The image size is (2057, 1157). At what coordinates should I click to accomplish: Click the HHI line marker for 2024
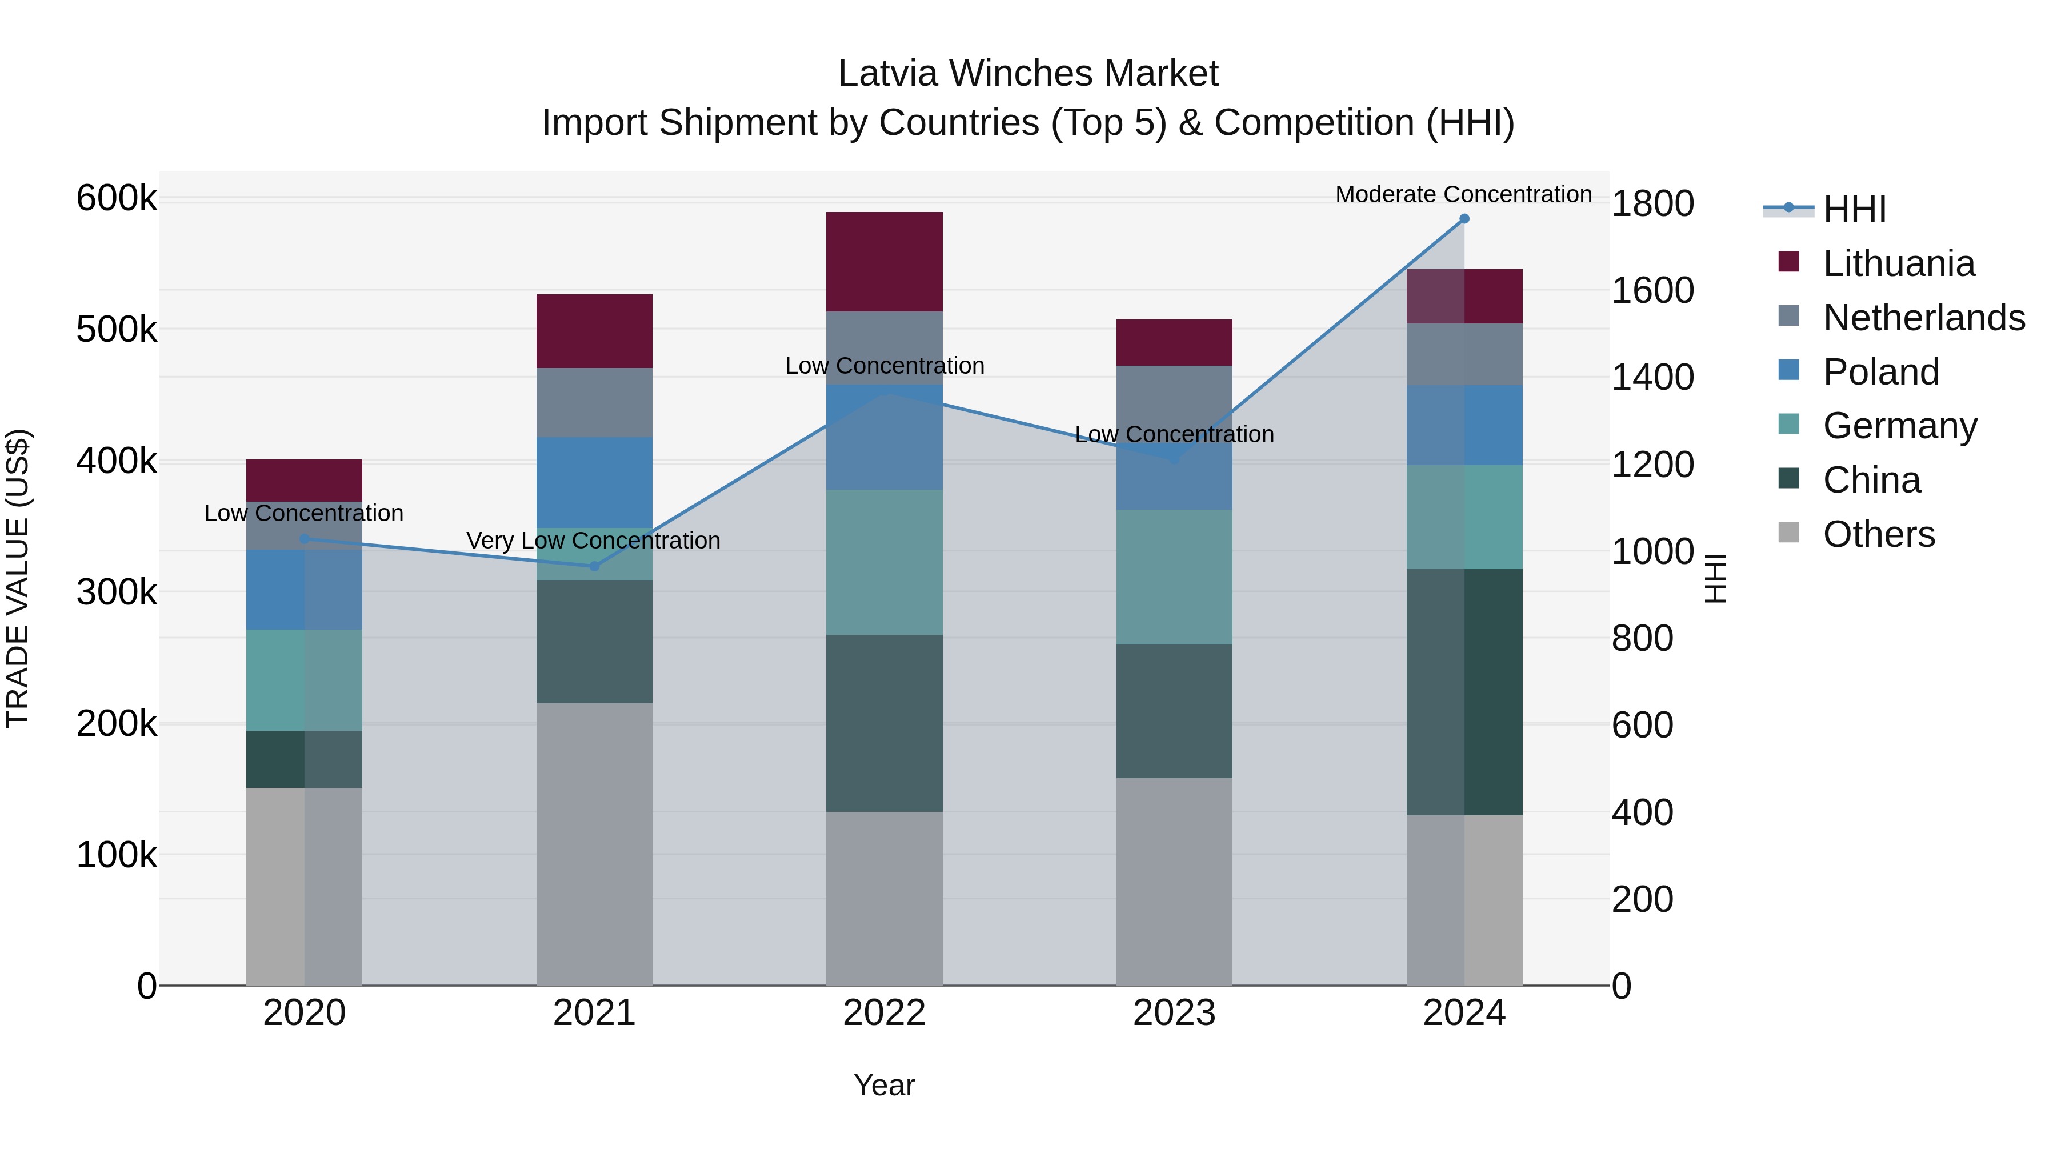tap(1464, 219)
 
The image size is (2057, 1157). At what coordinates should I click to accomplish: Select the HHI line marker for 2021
tap(594, 566)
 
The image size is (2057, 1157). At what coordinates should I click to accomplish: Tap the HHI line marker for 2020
tap(304, 539)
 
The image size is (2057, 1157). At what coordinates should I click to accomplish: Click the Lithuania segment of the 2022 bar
tap(884, 262)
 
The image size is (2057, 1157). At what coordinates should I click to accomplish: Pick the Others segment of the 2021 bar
tap(594, 844)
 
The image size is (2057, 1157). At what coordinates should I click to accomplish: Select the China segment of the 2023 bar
tap(1174, 711)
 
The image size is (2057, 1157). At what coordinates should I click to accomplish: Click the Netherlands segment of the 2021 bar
tap(594, 402)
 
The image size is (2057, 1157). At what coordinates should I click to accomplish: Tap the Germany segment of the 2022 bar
tap(884, 562)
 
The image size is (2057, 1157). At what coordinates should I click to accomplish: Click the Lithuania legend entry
tap(1898, 263)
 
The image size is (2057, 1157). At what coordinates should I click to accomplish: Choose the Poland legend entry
tap(1880, 372)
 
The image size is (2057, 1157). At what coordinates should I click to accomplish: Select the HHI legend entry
tap(1854, 209)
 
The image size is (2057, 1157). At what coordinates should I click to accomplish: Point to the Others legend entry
tap(1878, 534)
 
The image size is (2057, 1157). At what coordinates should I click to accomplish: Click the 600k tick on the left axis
tap(117, 198)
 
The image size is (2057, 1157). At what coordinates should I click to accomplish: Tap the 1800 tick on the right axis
tap(1652, 203)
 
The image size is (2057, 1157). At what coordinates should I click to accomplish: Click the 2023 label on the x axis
tap(1174, 1013)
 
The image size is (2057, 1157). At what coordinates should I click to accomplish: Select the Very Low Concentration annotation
tap(593, 541)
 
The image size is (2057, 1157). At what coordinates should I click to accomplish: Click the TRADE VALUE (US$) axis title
tap(18, 578)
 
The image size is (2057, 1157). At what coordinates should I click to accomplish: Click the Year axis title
tap(884, 1085)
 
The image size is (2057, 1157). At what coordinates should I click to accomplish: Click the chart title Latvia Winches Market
tap(1028, 74)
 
